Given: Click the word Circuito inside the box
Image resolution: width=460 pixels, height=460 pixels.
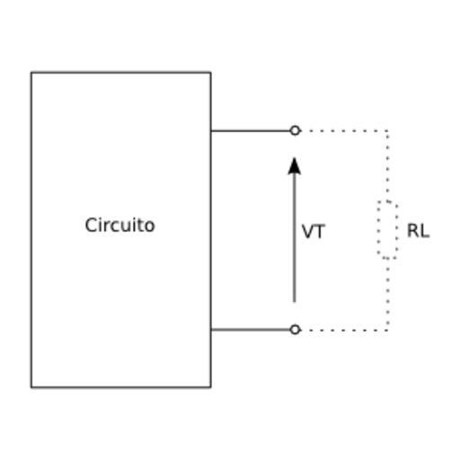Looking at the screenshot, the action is tap(119, 225).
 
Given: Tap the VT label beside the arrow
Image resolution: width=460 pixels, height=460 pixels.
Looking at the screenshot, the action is tap(314, 232).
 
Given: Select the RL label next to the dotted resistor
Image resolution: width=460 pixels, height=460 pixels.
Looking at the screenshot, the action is tap(418, 231).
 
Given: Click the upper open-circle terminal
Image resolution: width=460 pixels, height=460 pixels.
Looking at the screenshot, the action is tap(295, 130).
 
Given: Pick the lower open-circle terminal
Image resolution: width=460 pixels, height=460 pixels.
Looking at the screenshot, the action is tap(295, 330).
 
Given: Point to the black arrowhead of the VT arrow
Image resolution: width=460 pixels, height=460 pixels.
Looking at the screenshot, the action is tap(295, 166).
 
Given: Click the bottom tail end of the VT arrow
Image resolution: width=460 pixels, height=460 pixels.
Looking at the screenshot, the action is tap(295, 302).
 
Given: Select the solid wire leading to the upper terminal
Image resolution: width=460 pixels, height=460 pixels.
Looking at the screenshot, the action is tap(251, 131).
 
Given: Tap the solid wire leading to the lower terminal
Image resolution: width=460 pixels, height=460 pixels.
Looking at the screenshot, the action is tap(251, 330).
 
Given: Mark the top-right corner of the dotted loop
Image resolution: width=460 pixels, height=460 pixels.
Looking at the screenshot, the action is tap(388, 131).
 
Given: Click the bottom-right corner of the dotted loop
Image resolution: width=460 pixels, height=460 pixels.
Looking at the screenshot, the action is tap(388, 330).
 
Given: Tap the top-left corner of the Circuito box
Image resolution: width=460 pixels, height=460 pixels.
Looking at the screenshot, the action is tap(31, 73).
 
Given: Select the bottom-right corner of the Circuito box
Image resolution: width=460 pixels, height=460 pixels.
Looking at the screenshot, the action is tap(211, 387).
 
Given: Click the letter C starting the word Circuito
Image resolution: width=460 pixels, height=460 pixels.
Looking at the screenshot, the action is tap(91, 225).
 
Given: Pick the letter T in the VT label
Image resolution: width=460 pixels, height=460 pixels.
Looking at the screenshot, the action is tap(320, 232).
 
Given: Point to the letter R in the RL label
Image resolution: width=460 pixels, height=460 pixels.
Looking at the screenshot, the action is tap(413, 231).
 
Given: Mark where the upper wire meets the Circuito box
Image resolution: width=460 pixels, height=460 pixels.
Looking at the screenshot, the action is tap(211, 131).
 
